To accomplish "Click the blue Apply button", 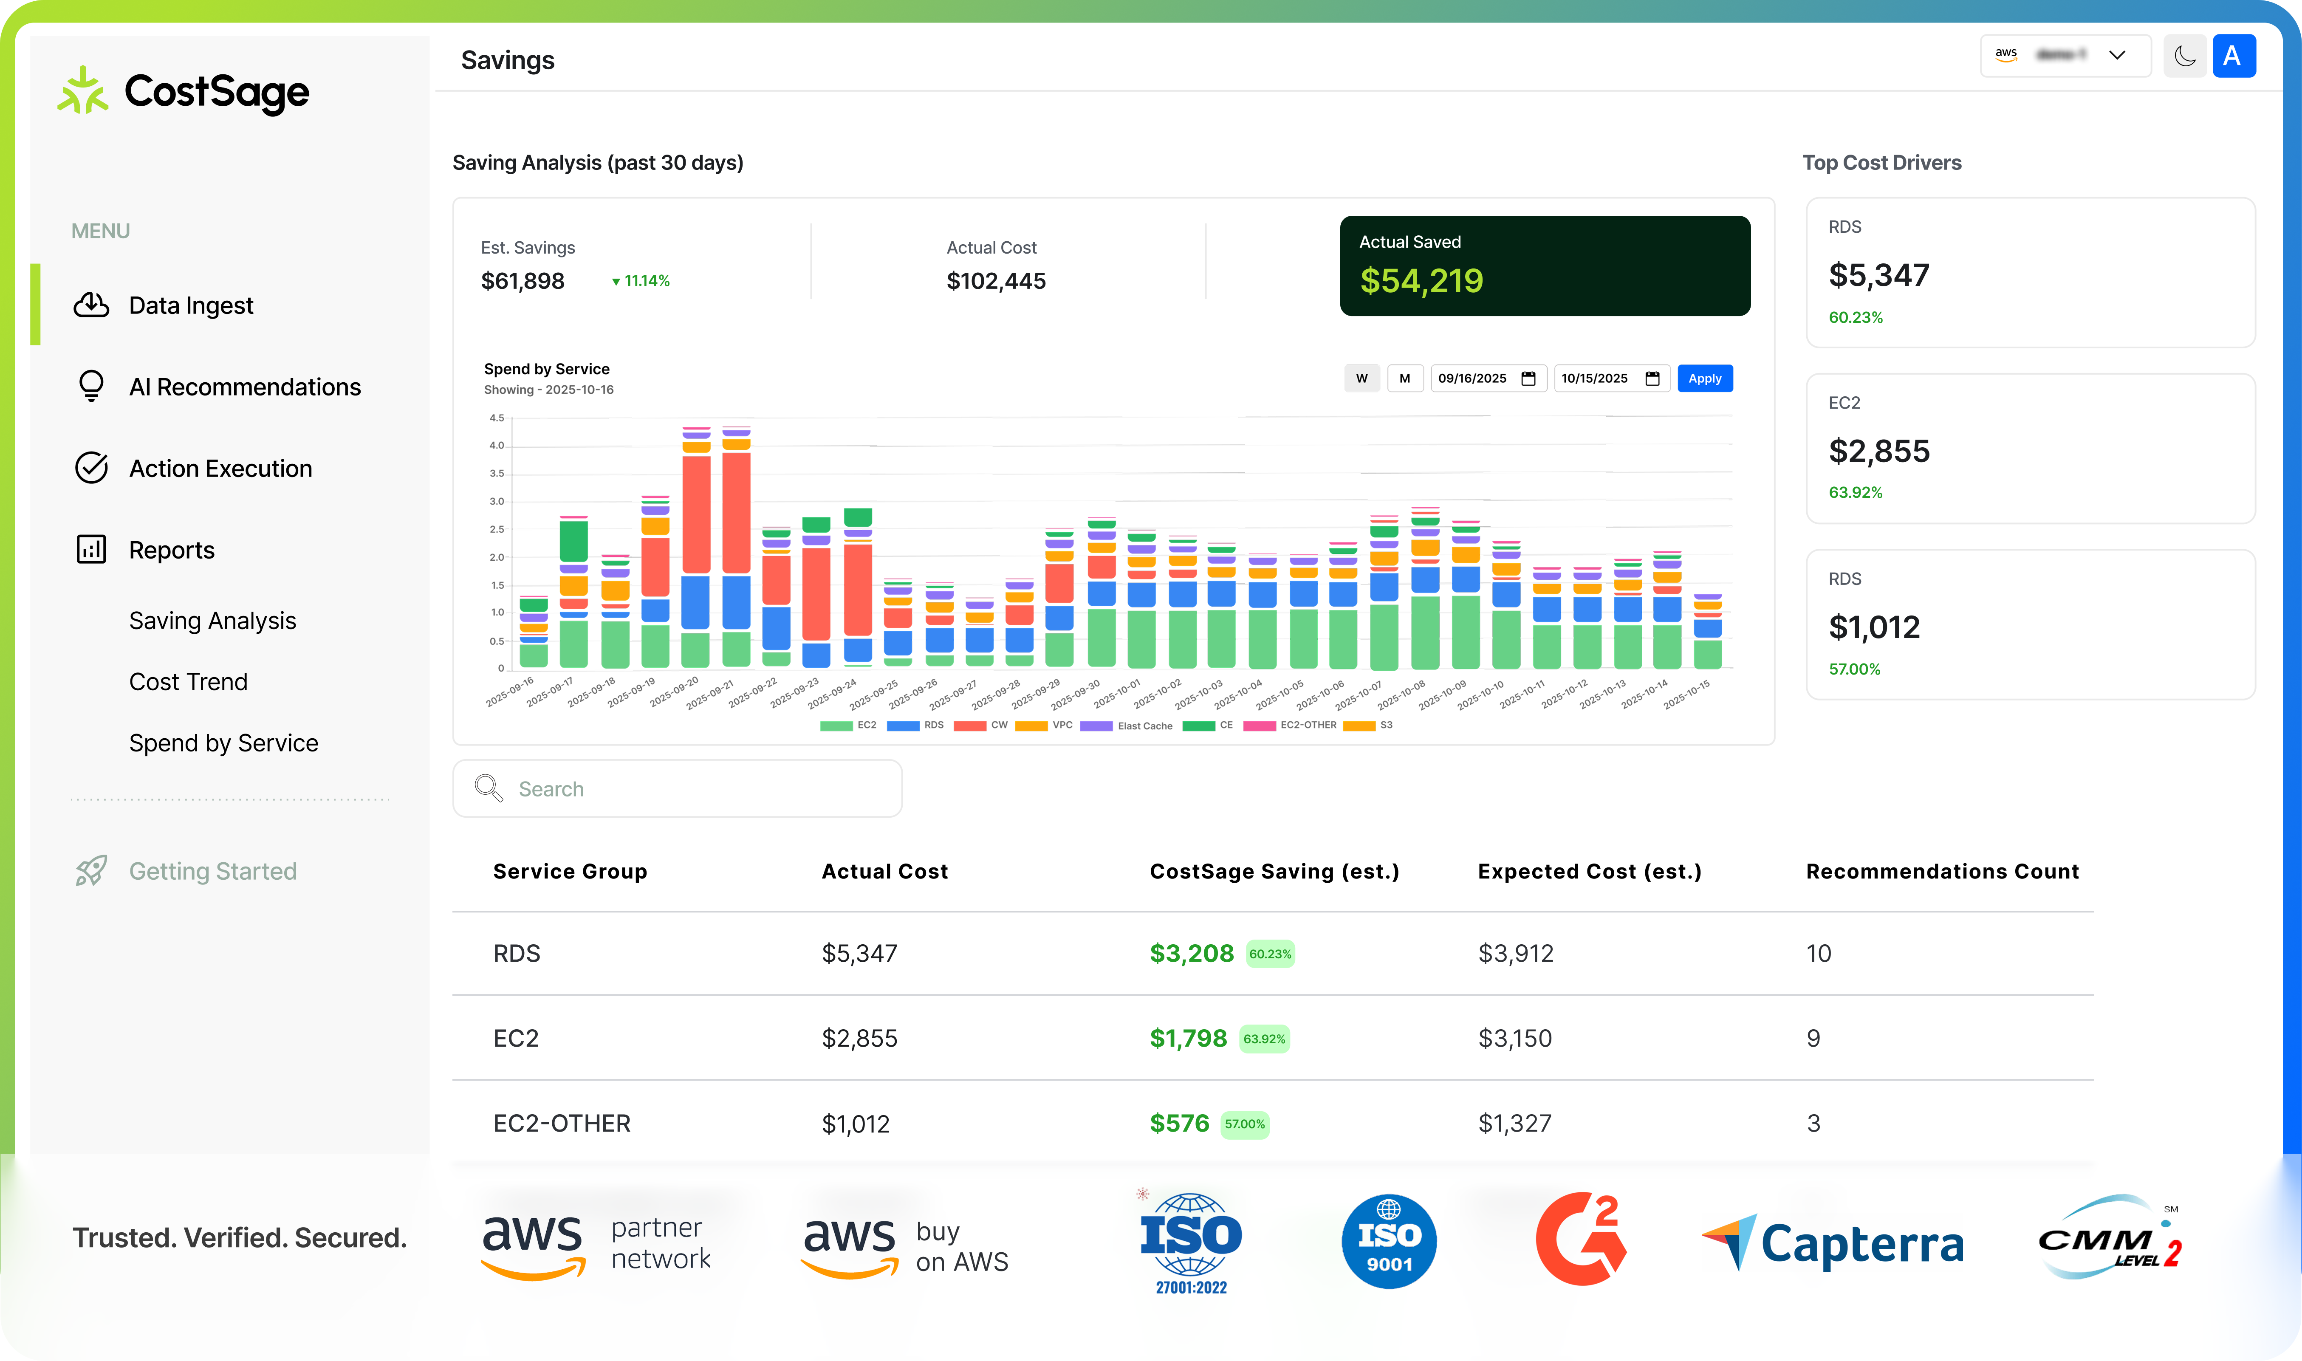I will pyautogui.click(x=1704, y=379).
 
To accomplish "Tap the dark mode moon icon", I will pyautogui.click(x=2185, y=57).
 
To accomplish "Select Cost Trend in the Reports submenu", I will pyautogui.click(x=188, y=681).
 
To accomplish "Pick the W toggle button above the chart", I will pyautogui.click(x=1361, y=379).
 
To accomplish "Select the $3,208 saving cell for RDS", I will pyautogui.click(x=1191, y=954).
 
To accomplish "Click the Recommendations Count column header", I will pyautogui.click(x=1942, y=871).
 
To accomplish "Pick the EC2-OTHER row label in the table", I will pyautogui.click(x=561, y=1124).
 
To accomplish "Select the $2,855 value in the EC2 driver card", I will pyautogui.click(x=1878, y=451).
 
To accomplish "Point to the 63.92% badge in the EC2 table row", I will pyautogui.click(x=1264, y=1039).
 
